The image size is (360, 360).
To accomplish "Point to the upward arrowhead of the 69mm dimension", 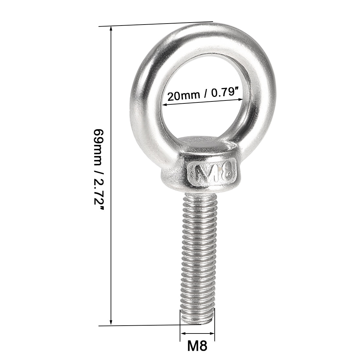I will coord(112,28).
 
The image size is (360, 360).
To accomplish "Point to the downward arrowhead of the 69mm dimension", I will coord(111,323).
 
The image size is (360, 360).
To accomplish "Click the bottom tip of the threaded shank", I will coord(197,322).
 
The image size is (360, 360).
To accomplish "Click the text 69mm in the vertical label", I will coord(98,144).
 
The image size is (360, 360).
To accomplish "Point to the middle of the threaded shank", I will coord(197,255).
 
